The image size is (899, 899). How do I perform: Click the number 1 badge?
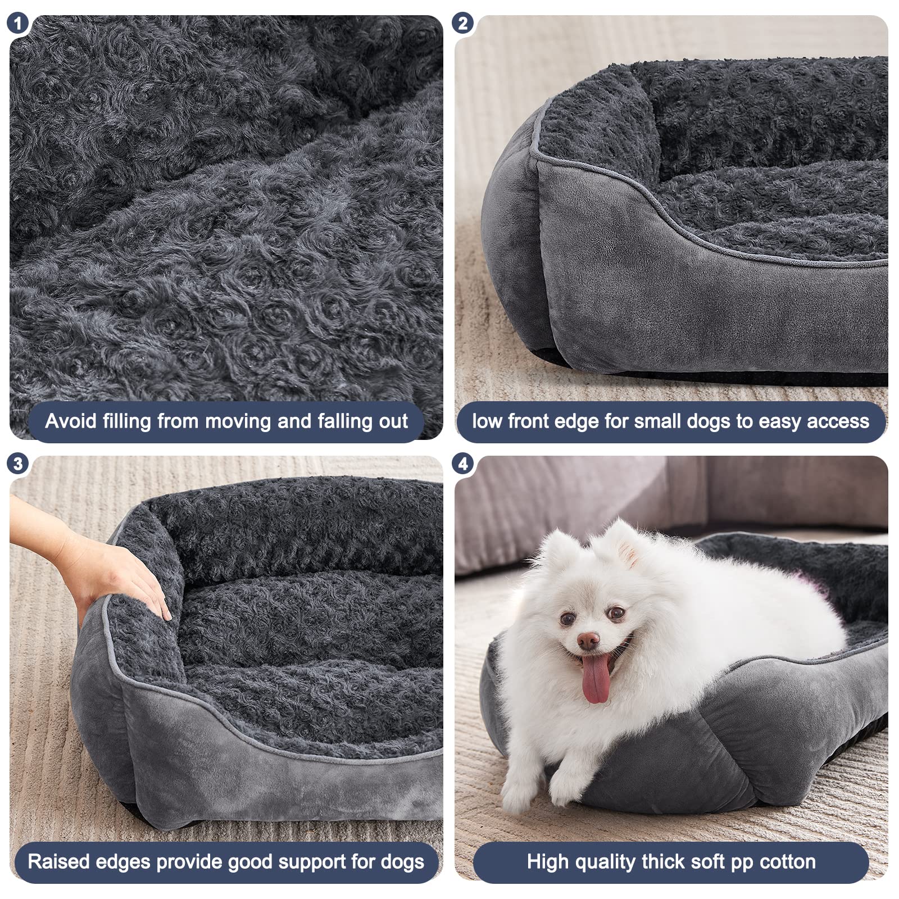pyautogui.click(x=17, y=23)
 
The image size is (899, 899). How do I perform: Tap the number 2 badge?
pyautogui.click(x=462, y=23)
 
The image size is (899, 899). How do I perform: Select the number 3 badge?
pyautogui.click(x=17, y=464)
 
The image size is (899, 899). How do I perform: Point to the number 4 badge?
pyautogui.click(x=462, y=464)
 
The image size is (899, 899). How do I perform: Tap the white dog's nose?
pyautogui.click(x=588, y=639)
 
